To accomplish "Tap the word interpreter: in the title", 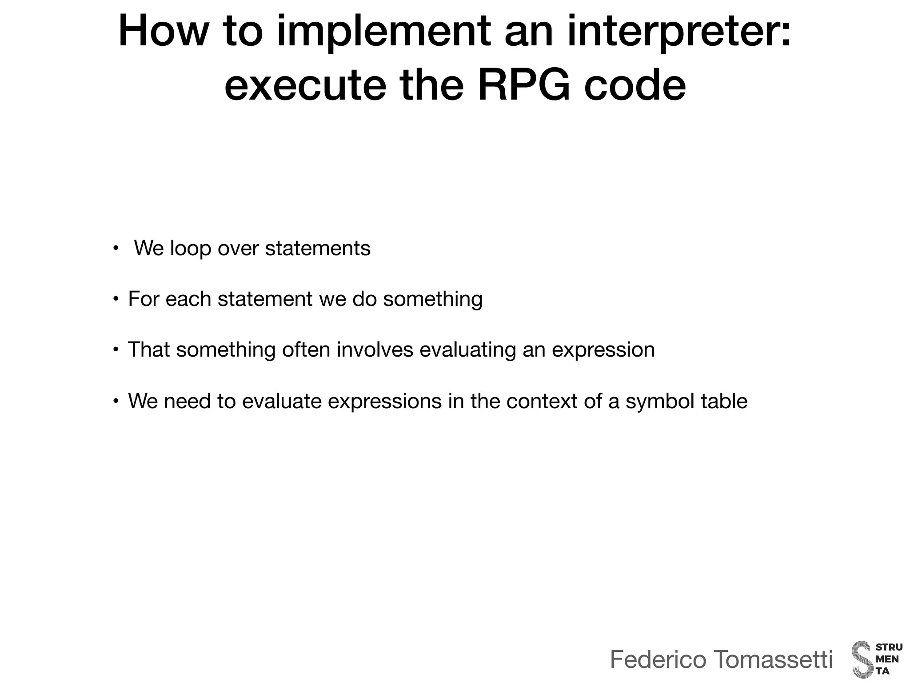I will click(679, 32).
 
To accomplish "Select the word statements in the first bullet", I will click(318, 248).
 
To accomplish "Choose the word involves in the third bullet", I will click(375, 350).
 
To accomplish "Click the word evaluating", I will click(467, 350).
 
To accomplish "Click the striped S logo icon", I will click(862, 659).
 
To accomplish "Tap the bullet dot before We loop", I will click(116, 248).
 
